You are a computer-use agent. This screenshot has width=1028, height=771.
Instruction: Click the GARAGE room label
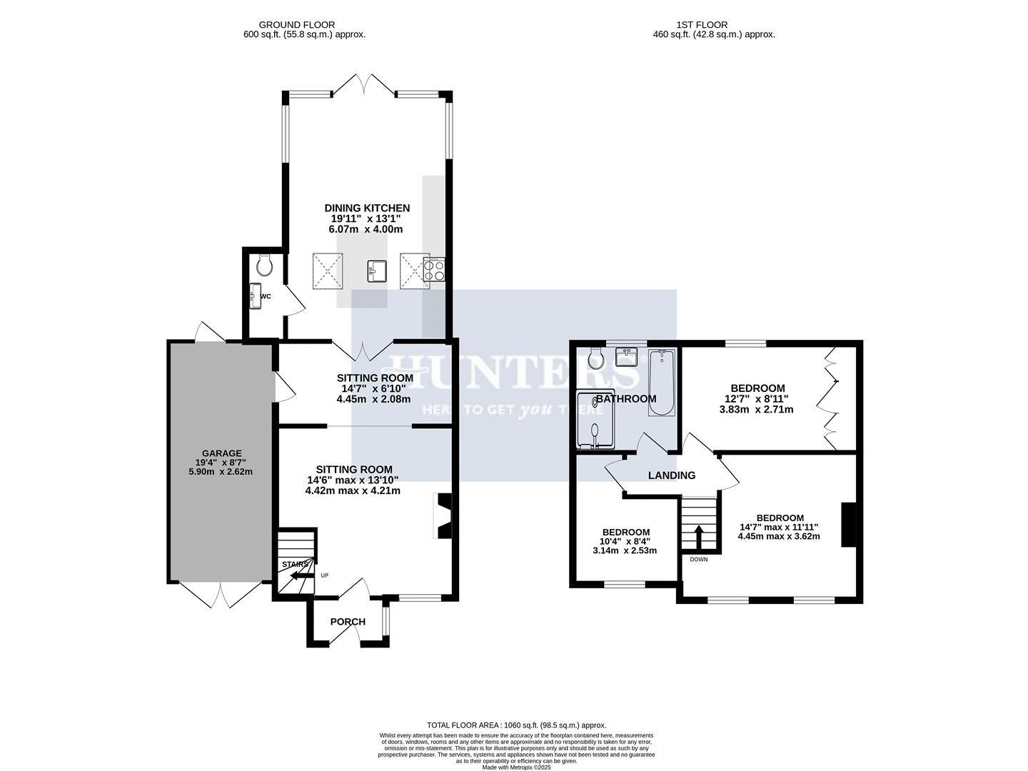point(221,453)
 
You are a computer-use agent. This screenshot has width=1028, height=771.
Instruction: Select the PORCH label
point(348,622)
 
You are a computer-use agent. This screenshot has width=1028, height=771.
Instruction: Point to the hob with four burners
point(434,271)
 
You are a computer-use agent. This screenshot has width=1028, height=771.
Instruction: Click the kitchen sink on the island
point(377,271)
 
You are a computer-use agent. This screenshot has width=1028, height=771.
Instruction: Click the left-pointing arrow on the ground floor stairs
point(298,575)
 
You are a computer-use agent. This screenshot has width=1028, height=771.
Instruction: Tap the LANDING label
point(671,475)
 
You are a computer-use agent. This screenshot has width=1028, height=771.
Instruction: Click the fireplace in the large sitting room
point(443,515)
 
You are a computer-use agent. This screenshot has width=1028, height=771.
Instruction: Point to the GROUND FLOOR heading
point(296,25)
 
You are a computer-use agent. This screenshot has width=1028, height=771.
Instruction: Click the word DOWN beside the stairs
point(698,559)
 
